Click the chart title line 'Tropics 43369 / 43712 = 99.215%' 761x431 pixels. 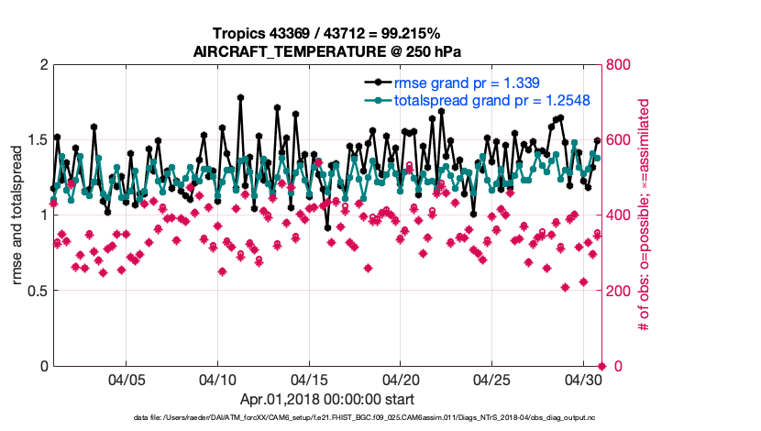[326, 34]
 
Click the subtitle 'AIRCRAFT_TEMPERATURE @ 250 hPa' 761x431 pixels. [326, 52]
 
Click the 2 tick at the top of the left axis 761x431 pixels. [42, 65]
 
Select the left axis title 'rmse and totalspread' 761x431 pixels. [17, 216]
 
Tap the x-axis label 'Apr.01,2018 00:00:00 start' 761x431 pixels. [326, 400]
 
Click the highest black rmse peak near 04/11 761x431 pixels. [240, 96]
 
